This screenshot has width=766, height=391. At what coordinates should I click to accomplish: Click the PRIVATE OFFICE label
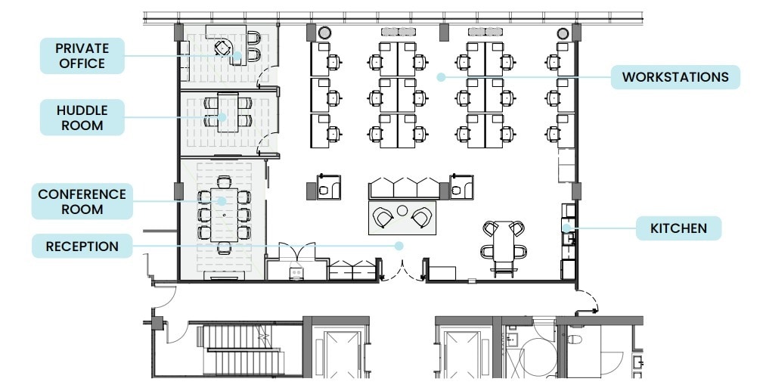tap(81, 56)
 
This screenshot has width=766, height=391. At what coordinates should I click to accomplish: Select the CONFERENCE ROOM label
tap(82, 201)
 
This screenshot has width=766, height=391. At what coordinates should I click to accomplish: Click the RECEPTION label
tap(82, 246)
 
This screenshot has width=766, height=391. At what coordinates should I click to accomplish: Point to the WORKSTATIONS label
tap(675, 77)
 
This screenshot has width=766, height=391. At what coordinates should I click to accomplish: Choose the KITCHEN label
tap(678, 228)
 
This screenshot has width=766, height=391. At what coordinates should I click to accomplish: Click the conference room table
tap(223, 216)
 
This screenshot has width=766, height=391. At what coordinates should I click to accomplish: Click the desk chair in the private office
tap(222, 48)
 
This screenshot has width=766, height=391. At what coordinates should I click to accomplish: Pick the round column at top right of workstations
tap(563, 33)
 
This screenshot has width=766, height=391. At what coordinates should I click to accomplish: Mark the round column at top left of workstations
tap(324, 33)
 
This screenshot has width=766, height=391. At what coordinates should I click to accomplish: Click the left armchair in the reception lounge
tap(383, 219)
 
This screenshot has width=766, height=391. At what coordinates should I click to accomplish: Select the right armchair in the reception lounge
tap(420, 219)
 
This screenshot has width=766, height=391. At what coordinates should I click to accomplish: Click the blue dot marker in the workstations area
tap(439, 76)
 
